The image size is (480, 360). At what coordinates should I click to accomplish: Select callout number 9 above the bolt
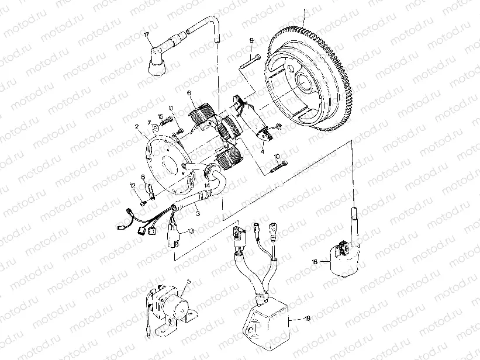click(x=251, y=40)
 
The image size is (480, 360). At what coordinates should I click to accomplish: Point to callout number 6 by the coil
click(x=189, y=93)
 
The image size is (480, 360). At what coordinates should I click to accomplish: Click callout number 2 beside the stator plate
click(x=136, y=126)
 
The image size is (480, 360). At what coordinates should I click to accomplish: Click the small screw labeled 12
click(x=143, y=203)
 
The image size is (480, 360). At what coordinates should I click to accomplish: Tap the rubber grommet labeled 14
click(x=208, y=171)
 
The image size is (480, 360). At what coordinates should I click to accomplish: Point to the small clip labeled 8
click(x=149, y=191)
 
